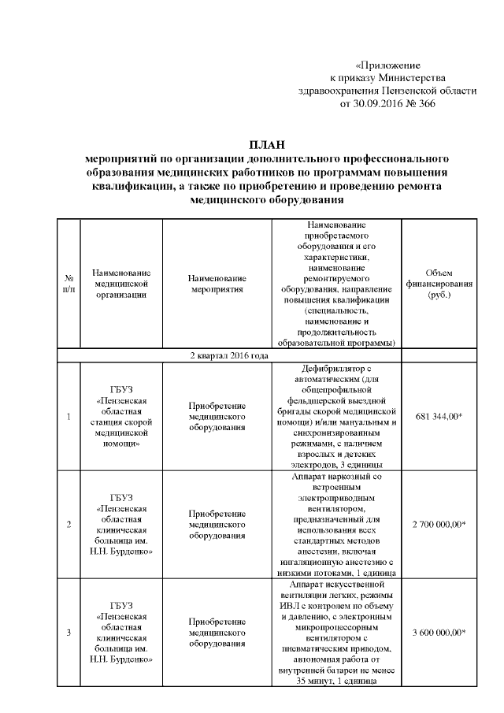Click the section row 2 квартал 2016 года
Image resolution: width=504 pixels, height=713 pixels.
pos(229,355)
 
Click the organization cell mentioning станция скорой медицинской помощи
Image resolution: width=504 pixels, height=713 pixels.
pos(120,416)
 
